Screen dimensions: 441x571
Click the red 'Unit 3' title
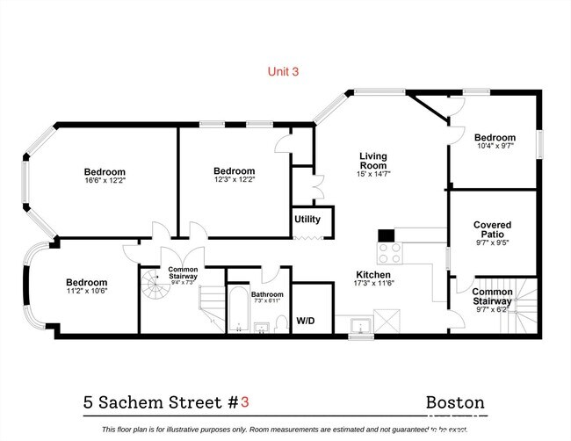[x=283, y=73]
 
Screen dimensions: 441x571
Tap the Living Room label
[x=372, y=161]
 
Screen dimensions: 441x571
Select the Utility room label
[x=307, y=220]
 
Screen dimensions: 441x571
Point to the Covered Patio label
[x=492, y=230]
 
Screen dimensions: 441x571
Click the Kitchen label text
[x=373, y=273]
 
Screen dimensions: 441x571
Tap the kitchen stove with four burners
[x=389, y=253]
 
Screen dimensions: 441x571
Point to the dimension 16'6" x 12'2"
[x=105, y=181]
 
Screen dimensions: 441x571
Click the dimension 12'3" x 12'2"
[x=234, y=180]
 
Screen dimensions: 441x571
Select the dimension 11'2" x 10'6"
[x=86, y=292]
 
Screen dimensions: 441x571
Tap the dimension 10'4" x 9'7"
[x=495, y=147]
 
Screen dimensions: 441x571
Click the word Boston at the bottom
[x=455, y=402]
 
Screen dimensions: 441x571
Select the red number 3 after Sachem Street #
[x=245, y=402]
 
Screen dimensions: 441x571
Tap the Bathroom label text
[x=267, y=294]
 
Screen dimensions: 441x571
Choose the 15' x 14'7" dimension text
[x=373, y=174]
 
